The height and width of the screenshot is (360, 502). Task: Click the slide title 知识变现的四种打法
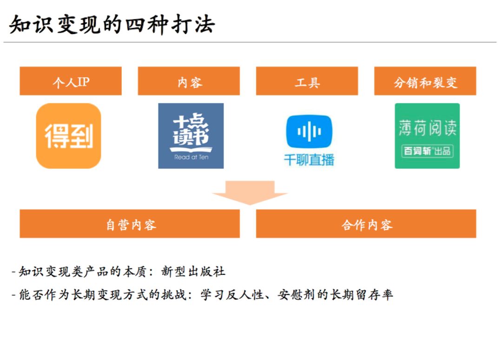(x=112, y=24)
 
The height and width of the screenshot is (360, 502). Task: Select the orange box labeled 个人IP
(x=71, y=81)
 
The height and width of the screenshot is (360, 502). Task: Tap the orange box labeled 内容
(x=189, y=81)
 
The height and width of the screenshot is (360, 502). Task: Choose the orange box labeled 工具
(x=307, y=81)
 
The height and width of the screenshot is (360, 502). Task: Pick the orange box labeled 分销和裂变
(x=425, y=81)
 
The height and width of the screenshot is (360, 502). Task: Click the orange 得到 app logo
(x=69, y=136)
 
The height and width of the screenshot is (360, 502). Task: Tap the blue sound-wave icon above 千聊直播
(x=309, y=132)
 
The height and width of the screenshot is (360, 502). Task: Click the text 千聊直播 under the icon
(x=309, y=160)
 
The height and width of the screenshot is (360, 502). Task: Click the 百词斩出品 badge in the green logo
(x=427, y=151)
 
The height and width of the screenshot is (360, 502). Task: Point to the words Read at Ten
(x=191, y=157)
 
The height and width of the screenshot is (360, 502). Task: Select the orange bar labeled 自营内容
(x=130, y=224)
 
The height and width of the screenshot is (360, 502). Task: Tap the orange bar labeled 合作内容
(x=366, y=224)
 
